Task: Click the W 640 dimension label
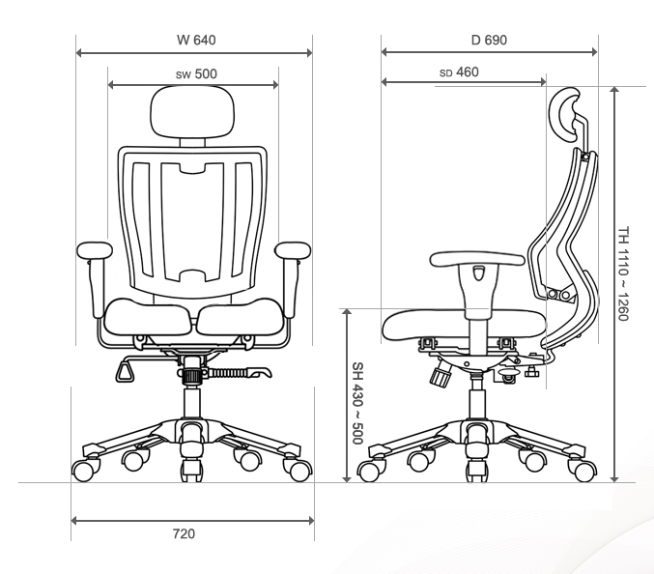[196, 40]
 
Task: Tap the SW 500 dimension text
[196, 73]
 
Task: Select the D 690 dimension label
[489, 40]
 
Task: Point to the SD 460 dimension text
[459, 72]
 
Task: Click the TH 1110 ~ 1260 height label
[623, 274]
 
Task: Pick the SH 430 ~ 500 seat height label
[357, 403]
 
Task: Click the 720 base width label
[184, 533]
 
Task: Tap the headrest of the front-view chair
[192, 111]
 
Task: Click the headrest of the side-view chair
[564, 113]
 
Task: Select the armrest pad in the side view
[477, 259]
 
